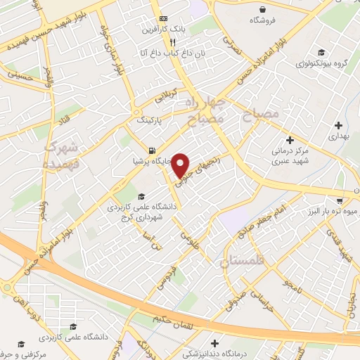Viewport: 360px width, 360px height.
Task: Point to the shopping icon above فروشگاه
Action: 262,10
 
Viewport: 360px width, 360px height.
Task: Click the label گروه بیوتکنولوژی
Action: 323,64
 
